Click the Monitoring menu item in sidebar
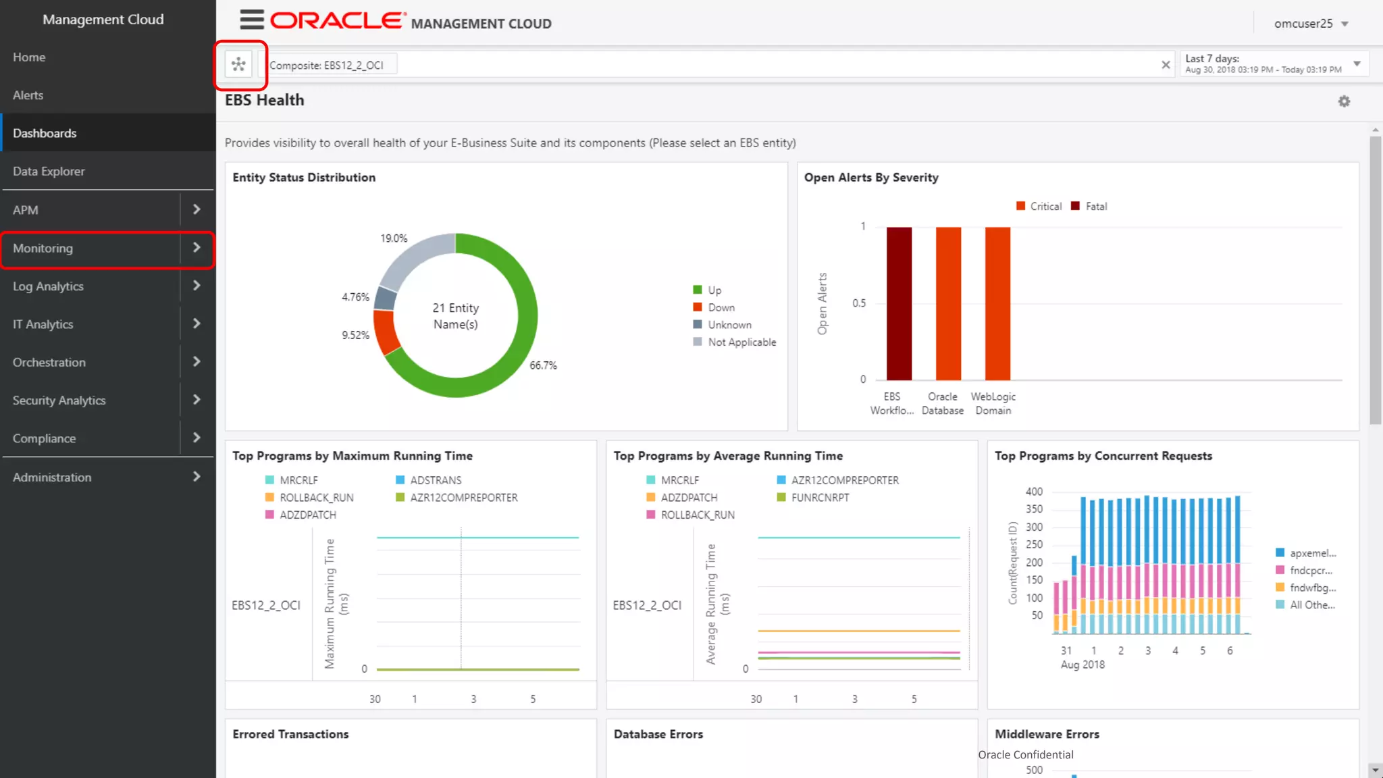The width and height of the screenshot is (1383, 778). click(43, 249)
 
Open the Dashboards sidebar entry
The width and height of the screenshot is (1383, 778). click(45, 134)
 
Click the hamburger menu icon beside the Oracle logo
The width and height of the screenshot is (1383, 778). click(252, 20)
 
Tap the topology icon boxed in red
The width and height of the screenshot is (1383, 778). click(238, 65)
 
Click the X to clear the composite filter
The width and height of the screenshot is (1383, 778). click(1166, 65)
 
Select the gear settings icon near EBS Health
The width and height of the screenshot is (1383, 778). click(1344, 101)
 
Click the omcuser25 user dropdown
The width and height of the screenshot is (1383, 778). click(1310, 24)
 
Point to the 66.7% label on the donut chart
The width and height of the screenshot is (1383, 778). click(543, 365)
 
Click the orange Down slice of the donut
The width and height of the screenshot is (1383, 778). click(386, 331)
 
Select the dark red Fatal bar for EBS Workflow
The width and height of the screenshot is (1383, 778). click(899, 304)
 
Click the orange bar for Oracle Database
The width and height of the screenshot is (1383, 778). click(948, 304)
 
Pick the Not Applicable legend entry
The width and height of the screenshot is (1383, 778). click(741, 342)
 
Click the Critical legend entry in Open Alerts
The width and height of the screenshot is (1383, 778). click(1045, 207)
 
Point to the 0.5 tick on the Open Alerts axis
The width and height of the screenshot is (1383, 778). click(858, 303)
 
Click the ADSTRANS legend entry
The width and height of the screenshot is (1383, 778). click(436, 480)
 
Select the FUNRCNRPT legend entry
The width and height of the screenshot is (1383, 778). click(820, 498)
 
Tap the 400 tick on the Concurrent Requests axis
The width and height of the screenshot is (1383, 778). click(1034, 492)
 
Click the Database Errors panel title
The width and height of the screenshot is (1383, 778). click(658, 734)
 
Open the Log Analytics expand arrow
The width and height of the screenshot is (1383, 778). click(197, 286)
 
